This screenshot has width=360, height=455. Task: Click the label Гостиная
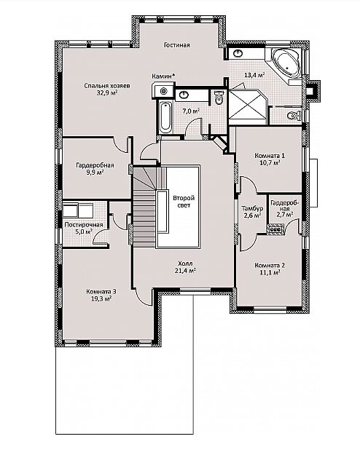click(176, 45)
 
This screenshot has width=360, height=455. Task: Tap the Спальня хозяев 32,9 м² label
click(107, 90)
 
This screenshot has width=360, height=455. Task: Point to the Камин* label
click(163, 76)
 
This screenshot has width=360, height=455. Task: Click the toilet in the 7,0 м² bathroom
click(219, 97)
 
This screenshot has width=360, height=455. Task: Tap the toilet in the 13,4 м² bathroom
click(294, 116)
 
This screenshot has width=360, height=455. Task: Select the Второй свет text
click(184, 202)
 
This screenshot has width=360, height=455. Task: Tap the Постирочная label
click(84, 225)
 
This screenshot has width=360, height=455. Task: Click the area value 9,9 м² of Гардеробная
click(95, 172)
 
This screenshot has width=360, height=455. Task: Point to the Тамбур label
click(252, 208)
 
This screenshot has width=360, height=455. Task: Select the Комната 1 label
click(270, 156)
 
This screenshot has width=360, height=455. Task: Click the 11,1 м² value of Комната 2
click(270, 272)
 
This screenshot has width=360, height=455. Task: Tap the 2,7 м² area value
click(284, 215)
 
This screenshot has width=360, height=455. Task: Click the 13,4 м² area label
click(254, 75)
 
